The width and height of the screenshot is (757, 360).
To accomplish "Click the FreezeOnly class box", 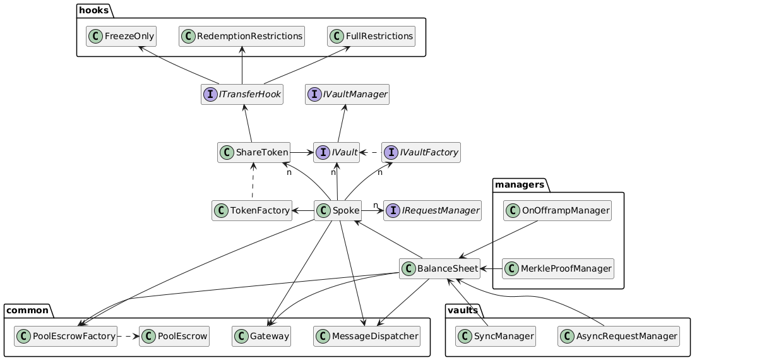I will [x=121, y=36].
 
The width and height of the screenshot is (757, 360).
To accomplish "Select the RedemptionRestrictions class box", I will [x=242, y=36].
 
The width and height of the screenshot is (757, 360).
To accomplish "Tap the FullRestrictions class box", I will [x=371, y=36].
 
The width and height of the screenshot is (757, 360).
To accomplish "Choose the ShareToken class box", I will [x=253, y=152].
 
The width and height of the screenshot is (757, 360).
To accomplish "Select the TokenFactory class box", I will [x=251, y=210].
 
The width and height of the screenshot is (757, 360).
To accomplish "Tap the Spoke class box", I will [x=338, y=210].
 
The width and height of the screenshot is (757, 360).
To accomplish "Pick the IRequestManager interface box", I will [x=432, y=210].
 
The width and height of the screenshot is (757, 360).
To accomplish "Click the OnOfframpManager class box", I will [x=557, y=210].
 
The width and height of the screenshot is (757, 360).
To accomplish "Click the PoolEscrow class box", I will [x=174, y=336].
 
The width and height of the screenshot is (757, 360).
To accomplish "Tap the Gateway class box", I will [x=261, y=336].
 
